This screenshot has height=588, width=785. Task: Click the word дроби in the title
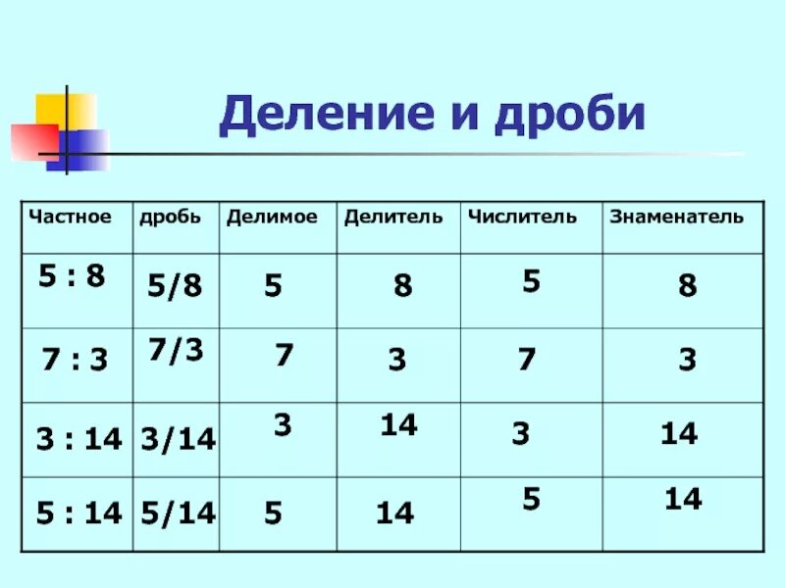coord(569,116)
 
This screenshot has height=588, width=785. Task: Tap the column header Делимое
coord(272,216)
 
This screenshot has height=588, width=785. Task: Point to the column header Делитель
coord(393,216)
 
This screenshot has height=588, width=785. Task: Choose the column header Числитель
coord(522,216)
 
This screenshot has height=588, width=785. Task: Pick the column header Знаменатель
coord(676,216)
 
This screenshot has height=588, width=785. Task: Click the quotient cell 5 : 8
coord(72,276)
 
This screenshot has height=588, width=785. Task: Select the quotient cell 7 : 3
coord(75,361)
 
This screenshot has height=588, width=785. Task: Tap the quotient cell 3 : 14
coord(78,439)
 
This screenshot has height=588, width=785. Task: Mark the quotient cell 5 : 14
coord(78,512)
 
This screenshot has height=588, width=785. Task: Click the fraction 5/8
coord(175,286)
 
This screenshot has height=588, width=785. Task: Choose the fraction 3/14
coord(179,439)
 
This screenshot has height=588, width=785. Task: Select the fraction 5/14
coord(179,512)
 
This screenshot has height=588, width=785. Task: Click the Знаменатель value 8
coord(687,286)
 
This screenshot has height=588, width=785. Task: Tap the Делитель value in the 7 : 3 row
coord(396,361)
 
